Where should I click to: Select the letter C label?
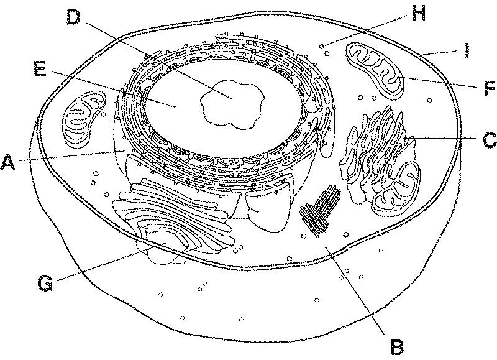tap(488, 139)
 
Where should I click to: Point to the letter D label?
tap(74, 18)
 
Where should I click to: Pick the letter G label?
tap(44, 284)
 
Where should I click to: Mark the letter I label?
tap(466, 50)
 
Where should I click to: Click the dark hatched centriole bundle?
tap(321, 211)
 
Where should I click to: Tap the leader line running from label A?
tap(68, 157)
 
